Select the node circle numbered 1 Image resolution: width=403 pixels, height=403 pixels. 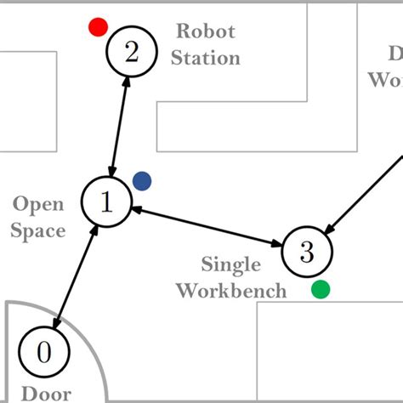pyautogui.click(x=105, y=202)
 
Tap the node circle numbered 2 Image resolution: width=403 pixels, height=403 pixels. pyautogui.click(x=131, y=53)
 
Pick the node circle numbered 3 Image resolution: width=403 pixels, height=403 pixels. pyautogui.click(x=307, y=251)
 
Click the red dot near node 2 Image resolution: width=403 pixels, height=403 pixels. pyautogui.click(x=98, y=27)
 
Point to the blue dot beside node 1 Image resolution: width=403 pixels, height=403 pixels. pyautogui.click(x=142, y=180)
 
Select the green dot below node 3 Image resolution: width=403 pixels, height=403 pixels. pyautogui.click(x=321, y=289)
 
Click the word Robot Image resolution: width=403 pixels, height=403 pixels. pyautogui.click(x=205, y=32)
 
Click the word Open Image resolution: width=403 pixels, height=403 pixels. pyautogui.click(x=39, y=204)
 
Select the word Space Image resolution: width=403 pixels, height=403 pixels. pyautogui.click(x=39, y=230)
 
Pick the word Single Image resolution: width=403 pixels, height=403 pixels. pyautogui.click(x=230, y=264)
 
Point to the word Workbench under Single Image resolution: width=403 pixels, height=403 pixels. pyautogui.click(x=230, y=291)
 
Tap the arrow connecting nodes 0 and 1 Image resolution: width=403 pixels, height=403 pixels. pyautogui.click(x=76, y=277)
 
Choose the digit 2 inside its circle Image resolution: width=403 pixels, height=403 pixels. pyautogui.click(x=131, y=53)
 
